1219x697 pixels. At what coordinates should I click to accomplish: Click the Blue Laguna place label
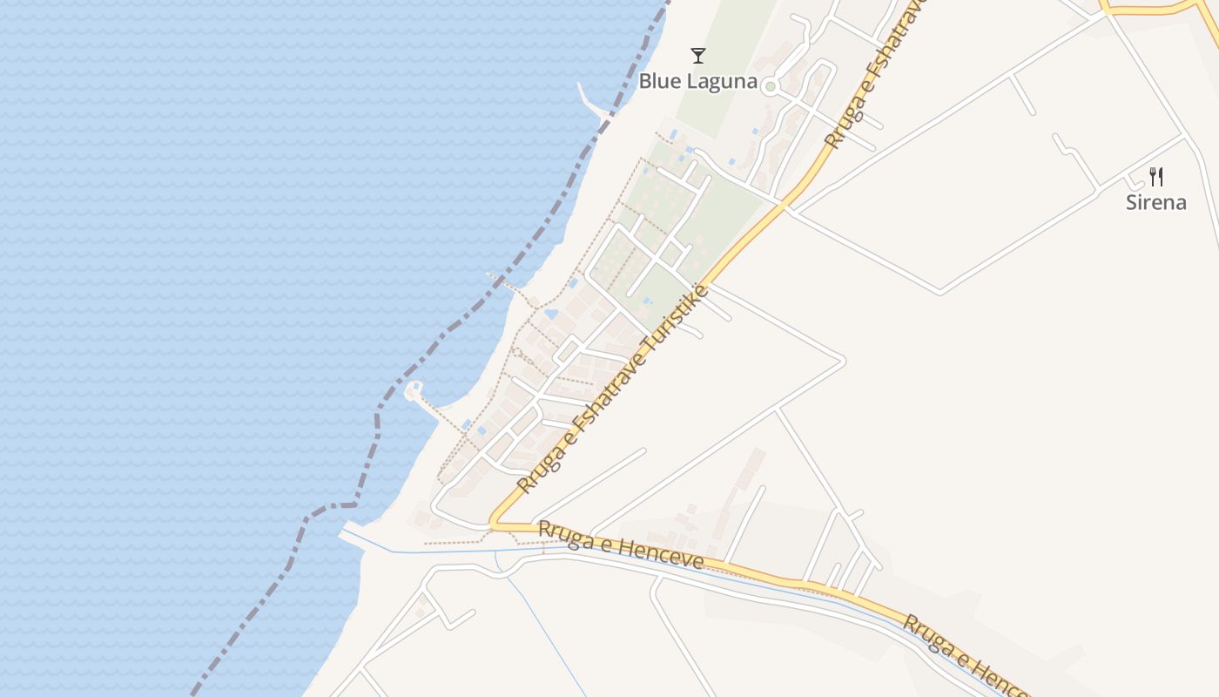click(697, 81)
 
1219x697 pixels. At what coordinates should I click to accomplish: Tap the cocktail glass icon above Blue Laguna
click(697, 56)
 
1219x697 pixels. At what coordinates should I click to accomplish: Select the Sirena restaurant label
click(1155, 202)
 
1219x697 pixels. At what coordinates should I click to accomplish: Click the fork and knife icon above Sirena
click(1156, 177)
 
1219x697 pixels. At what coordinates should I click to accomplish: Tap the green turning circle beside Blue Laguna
click(770, 86)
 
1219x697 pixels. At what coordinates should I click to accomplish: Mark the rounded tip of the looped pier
click(414, 389)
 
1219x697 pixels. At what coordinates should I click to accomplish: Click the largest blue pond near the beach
click(550, 315)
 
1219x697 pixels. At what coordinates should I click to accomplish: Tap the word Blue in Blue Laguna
click(658, 81)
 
